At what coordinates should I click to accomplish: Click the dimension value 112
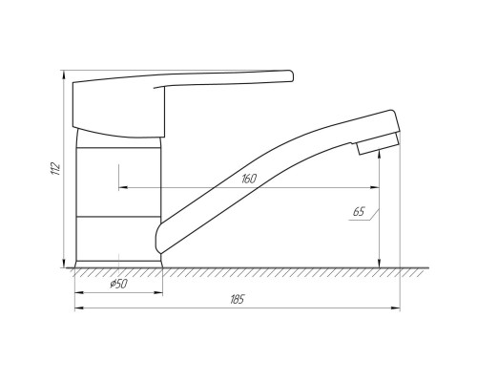tap(55, 169)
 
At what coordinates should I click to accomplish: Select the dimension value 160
tap(249, 179)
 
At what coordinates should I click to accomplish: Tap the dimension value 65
tap(359, 212)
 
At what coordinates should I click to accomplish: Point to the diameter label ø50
tap(118, 284)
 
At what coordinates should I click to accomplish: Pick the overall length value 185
tap(238, 300)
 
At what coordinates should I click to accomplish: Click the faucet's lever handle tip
tap(291, 75)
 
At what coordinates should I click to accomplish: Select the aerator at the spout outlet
tap(378, 144)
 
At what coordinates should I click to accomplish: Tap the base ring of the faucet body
tap(118, 265)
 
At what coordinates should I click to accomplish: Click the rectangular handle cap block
tap(119, 110)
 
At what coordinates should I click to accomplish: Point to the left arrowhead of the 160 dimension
tap(123, 187)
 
